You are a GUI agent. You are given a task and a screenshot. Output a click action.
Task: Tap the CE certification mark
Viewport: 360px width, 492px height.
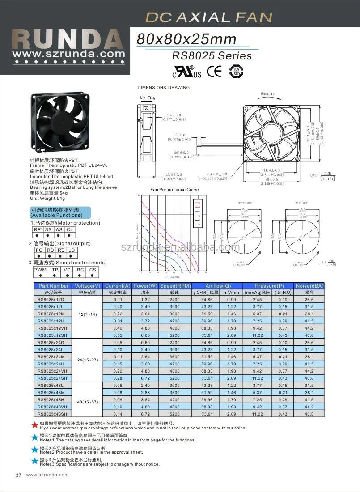click(x=214, y=71)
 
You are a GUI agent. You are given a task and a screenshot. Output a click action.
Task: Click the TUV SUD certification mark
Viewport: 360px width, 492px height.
click(x=236, y=72)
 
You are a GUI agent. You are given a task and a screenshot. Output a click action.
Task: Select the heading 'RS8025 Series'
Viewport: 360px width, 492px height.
click(x=212, y=56)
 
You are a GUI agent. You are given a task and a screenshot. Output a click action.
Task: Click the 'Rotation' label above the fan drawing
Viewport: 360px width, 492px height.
click(x=268, y=94)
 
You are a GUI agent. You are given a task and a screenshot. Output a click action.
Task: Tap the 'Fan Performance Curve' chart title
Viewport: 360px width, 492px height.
click(x=174, y=190)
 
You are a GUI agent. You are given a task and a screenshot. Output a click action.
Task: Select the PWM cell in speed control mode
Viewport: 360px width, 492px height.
click(x=40, y=270)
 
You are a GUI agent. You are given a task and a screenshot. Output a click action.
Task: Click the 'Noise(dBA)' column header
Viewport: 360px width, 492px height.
click(x=309, y=286)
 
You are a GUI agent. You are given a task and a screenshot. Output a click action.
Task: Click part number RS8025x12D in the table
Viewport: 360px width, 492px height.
click(x=51, y=299)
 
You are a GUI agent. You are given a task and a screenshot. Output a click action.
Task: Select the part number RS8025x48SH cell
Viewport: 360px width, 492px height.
click(x=53, y=414)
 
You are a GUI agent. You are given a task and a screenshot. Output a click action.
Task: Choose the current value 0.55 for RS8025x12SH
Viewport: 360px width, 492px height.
click(x=118, y=335)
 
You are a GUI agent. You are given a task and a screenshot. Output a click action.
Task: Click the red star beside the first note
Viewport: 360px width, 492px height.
click(x=34, y=424)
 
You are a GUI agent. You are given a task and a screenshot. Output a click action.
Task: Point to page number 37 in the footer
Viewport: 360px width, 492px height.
click(x=19, y=475)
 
